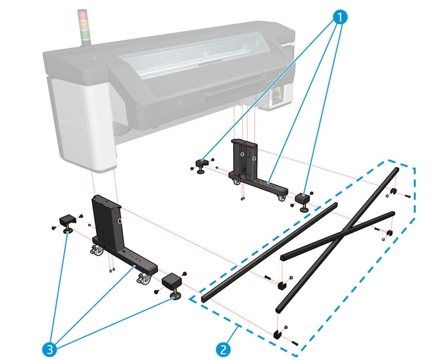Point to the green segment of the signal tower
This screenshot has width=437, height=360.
85,31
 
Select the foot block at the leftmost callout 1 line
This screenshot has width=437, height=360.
201,164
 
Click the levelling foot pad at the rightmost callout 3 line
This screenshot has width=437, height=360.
175,297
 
